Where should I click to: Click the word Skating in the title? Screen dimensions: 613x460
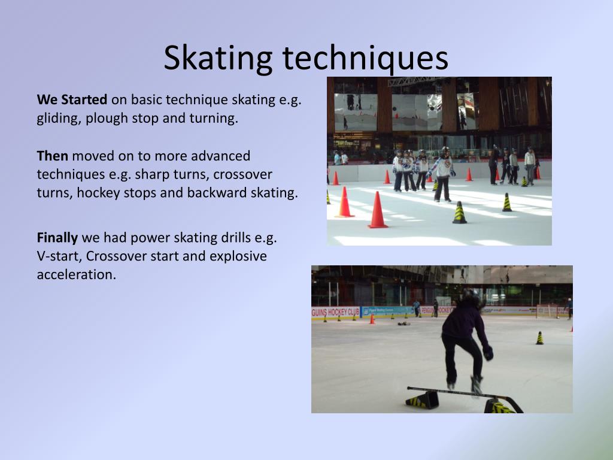click(x=218, y=59)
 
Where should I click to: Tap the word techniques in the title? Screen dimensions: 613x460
click(x=365, y=59)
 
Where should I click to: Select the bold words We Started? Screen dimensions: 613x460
click(x=72, y=100)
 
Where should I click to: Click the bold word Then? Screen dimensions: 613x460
click(x=53, y=156)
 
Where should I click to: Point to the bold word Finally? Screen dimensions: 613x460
click(x=57, y=238)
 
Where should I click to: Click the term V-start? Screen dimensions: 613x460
click(x=59, y=256)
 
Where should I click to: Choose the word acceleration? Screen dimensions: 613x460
click(x=76, y=274)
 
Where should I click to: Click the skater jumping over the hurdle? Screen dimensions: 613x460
click(x=465, y=341)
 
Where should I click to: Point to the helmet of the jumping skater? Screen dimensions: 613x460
click(x=471, y=295)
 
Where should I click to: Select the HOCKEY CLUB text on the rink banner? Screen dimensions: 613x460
click(x=341, y=312)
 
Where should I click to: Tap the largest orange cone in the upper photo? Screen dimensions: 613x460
click(x=378, y=210)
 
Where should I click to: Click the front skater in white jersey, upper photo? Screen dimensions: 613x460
click(x=443, y=174)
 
